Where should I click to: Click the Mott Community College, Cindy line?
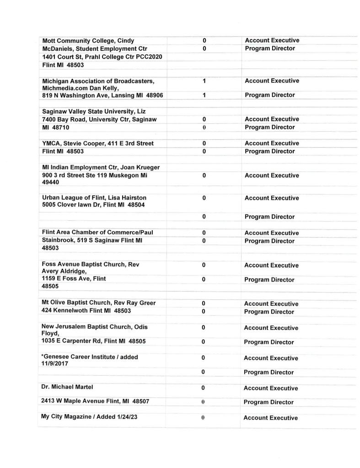tap(88, 40)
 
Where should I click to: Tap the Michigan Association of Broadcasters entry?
tap(98, 81)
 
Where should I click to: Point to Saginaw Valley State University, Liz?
tap(94, 111)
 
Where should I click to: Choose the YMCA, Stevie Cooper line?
tap(97, 144)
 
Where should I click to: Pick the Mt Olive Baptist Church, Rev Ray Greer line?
tap(98, 303)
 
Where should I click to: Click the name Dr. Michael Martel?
tap(67, 387)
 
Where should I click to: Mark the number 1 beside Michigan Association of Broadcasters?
tap(204, 81)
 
